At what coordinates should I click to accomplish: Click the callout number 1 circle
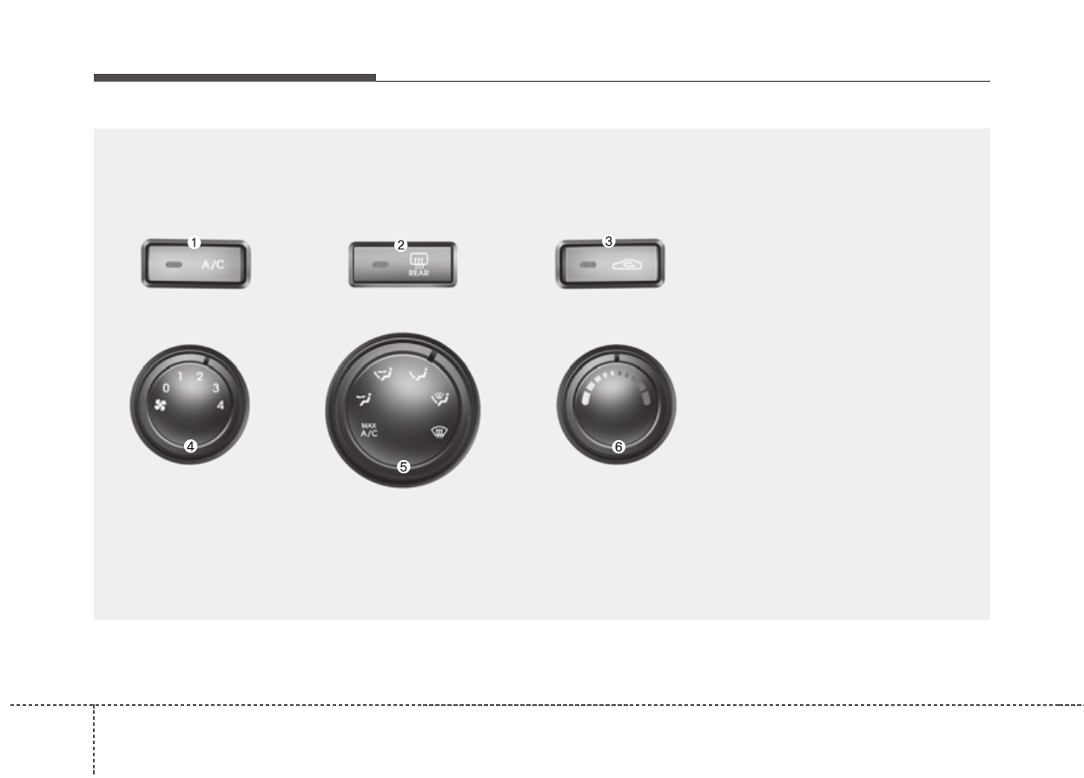coord(194,242)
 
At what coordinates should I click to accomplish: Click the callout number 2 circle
coord(400,246)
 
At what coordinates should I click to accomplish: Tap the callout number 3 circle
coord(608,241)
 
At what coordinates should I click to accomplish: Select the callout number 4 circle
coord(191,446)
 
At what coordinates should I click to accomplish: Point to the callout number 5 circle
coord(403,467)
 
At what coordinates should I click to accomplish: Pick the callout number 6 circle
coord(618,446)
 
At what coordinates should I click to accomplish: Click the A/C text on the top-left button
coord(213,265)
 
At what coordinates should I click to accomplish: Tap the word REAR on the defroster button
coord(419,273)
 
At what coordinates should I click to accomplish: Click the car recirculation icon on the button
coord(627,264)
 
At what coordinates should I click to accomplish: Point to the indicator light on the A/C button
coord(175,265)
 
